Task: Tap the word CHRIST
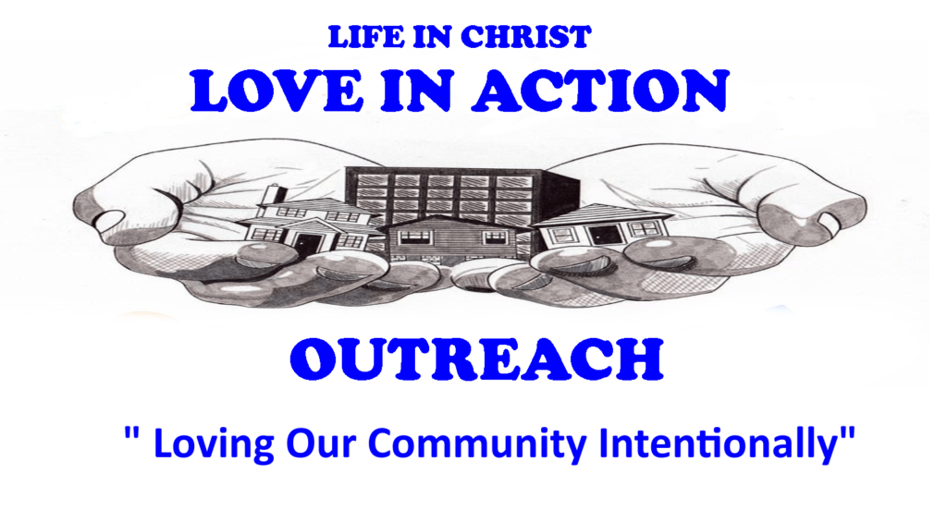[525, 38]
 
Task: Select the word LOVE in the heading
[277, 91]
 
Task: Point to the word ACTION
[601, 91]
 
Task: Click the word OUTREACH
[476, 359]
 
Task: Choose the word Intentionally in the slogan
[719, 443]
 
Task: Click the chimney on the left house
[278, 194]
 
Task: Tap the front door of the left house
[309, 245]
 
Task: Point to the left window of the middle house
[417, 237]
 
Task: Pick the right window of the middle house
[495, 236]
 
